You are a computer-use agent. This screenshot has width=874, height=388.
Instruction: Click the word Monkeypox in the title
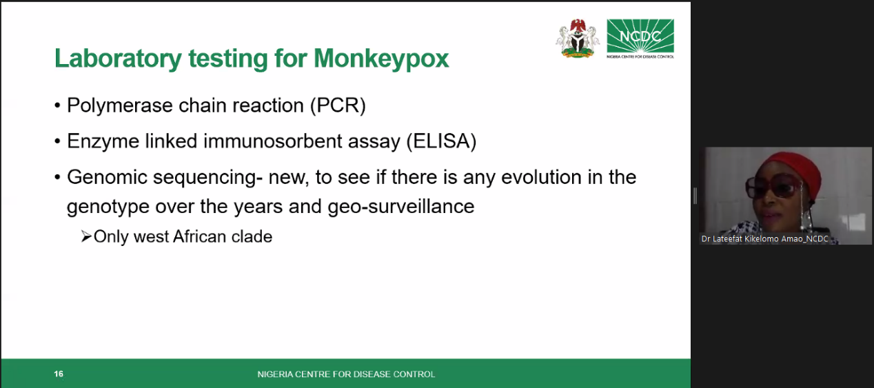click(x=381, y=59)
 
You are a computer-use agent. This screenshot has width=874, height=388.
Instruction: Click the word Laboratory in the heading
click(x=118, y=59)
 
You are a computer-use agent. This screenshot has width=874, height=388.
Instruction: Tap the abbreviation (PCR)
click(x=338, y=105)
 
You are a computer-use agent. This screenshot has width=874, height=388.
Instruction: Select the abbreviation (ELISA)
click(x=441, y=141)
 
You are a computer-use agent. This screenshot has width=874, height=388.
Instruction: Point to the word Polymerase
click(x=120, y=105)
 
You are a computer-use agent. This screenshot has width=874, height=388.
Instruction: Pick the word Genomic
click(x=107, y=177)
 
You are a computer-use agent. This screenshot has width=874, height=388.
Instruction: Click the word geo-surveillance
click(x=401, y=207)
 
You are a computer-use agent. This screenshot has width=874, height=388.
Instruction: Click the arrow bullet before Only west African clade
click(x=86, y=236)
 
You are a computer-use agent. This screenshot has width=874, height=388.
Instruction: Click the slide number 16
click(x=59, y=374)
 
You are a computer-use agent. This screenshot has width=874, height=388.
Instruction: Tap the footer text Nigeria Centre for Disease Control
click(x=346, y=374)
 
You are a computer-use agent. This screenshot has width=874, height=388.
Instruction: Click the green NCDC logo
click(x=640, y=38)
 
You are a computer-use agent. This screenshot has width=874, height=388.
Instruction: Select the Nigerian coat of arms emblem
click(x=578, y=39)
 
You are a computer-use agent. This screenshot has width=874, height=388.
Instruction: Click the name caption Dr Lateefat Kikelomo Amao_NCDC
click(x=765, y=238)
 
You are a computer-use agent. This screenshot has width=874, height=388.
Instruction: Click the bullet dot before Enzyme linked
click(x=57, y=141)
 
